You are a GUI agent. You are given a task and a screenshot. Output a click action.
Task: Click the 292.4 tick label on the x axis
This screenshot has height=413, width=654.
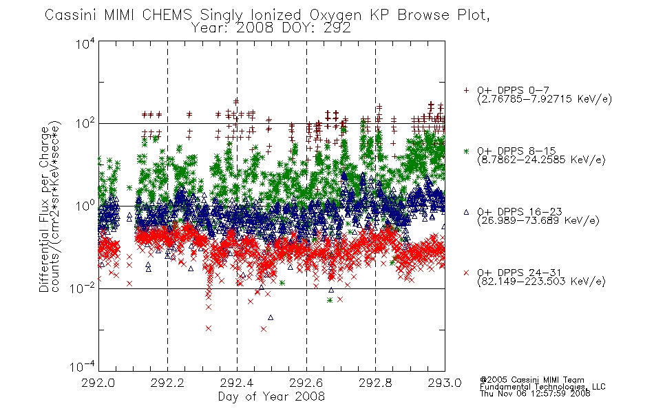click(x=237, y=383)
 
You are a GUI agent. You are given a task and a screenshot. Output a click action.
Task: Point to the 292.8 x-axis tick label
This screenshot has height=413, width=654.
click(x=375, y=383)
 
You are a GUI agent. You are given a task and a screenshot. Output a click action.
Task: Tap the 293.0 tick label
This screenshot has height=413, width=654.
click(x=445, y=383)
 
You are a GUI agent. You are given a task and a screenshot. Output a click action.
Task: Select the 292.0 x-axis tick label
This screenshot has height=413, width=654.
click(x=98, y=383)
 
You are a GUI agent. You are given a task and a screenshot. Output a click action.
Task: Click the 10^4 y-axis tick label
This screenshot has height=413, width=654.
click(x=85, y=43)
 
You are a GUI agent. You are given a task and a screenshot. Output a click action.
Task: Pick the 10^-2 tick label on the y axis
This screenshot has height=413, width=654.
click(x=82, y=288)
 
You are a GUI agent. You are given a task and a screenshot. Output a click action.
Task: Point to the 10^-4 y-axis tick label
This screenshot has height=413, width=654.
click(x=82, y=366)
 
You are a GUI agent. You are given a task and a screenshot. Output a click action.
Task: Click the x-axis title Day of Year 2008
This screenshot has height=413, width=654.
click(x=271, y=396)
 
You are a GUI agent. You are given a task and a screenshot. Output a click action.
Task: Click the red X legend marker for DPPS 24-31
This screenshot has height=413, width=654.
click(x=466, y=273)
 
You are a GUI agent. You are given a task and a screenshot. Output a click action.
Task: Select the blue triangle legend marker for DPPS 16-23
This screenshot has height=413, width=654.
click(x=466, y=212)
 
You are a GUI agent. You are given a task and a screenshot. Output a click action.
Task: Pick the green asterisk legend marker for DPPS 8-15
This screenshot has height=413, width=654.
click(x=466, y=151)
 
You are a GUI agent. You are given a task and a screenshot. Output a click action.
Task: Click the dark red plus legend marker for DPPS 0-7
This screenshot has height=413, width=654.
click(x=466, y=90)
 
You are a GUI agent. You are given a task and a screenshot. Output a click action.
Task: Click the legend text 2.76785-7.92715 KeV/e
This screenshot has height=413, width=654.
click(x=545, y=99)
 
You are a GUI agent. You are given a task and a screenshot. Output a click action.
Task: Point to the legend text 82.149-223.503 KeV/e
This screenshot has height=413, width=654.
click(x=541, y=282)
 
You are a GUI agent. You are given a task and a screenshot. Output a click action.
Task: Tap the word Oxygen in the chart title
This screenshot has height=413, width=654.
click(x=335, y=15)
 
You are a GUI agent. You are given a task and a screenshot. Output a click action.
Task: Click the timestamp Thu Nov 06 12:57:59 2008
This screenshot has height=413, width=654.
click(x=535, y=394)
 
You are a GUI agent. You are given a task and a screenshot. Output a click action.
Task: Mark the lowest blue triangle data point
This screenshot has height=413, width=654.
click(x=271, y=317)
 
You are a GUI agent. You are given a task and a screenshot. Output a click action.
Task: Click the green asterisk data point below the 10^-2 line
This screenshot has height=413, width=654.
click(x=330, y=300)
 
